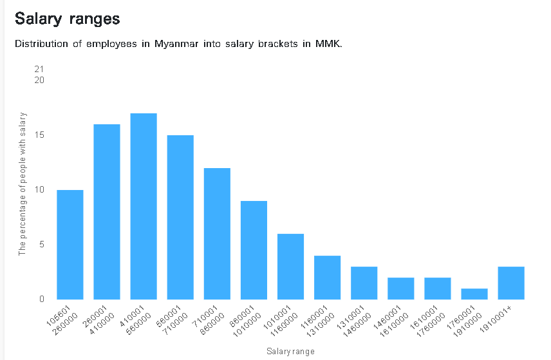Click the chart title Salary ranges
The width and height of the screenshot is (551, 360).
click(68, 19)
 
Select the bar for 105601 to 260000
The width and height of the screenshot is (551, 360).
click(70, 245)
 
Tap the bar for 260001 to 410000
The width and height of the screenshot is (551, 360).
click(107, 212)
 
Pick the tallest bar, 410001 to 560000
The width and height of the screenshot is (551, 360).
click(144, 206)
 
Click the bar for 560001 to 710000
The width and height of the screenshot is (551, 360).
click(180, 217)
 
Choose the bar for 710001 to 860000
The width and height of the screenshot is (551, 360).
click(217, 234)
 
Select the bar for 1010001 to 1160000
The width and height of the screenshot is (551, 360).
click(290, 267)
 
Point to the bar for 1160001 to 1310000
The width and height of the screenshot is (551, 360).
click(327, 278)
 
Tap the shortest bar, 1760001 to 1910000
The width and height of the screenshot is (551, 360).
click(474, 294)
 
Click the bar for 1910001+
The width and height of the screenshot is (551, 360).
click(511, 283)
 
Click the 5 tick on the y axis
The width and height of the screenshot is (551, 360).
click(42, 245)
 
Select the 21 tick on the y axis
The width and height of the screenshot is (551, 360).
click(40, 69)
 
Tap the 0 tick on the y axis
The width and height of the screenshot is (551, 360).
click(42, 299)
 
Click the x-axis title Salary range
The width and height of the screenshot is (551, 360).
click(290, 351)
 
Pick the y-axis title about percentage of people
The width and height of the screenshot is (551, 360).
click(23, 184)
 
